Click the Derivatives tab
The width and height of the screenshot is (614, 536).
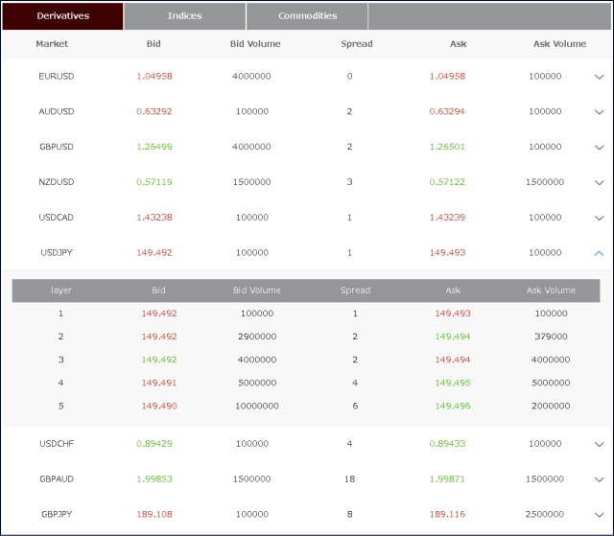coord(62,16)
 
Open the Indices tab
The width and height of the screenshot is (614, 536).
coord(184,16)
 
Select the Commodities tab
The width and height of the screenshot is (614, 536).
coord(307,16)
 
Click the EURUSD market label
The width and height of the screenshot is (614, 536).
coord(57,76)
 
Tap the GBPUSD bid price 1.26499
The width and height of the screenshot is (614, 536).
coord(154,147)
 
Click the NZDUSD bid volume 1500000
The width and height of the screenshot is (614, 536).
coord(252,182)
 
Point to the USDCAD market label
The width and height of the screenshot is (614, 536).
coord(57,218)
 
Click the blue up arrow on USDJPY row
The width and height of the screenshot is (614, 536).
coord(599,253)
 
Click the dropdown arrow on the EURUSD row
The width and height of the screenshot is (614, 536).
coord(599,77)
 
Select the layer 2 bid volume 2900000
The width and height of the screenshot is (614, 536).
coord(257,337)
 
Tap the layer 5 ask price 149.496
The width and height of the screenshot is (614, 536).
coord(454,406)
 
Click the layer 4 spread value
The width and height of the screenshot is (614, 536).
coord(355,383)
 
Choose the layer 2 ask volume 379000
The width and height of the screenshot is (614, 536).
coord(551,337)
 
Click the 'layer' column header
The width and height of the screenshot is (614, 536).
coord(61,291)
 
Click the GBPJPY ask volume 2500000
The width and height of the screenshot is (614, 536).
coord(545,515)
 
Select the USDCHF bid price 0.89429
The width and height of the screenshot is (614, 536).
coord(154,444)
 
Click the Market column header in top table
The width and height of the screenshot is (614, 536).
coord(52,44)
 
